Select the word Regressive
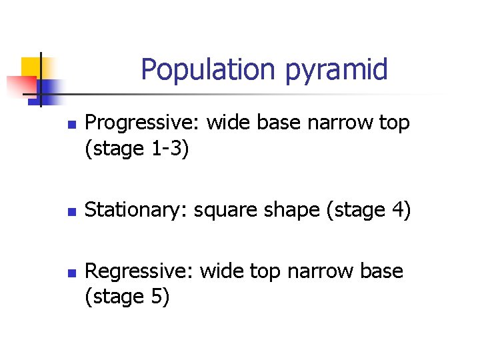140,272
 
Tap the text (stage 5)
128,297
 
